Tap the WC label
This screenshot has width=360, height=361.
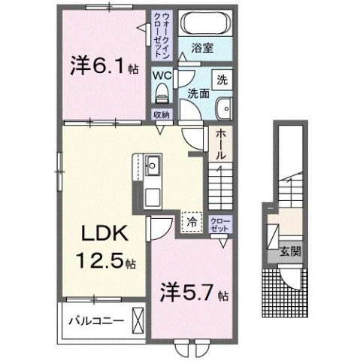164,76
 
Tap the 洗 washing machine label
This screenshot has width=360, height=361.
223,78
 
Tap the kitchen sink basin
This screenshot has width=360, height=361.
151,164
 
